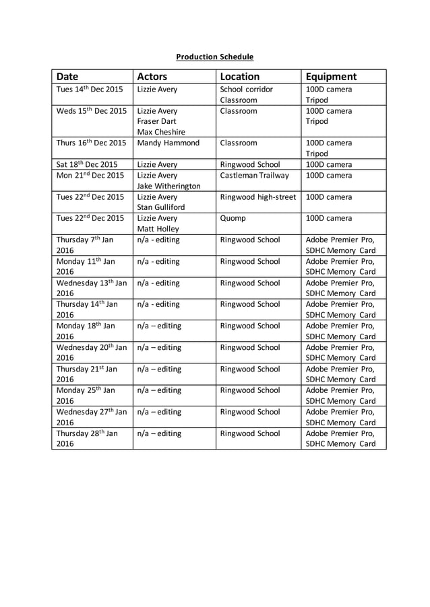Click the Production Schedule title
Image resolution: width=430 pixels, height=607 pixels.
(x=214, y=57)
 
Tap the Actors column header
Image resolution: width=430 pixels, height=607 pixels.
(x=152, y=77)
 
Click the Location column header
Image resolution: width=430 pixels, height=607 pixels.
(x=240, y=77)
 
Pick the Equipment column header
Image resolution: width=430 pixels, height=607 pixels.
(x=331, y=77)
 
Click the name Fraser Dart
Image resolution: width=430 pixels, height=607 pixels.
(x=156, y=121)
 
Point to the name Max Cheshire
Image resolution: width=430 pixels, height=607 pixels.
(x=160, y=132)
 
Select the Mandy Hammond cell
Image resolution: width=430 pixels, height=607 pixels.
(x=168, y=143)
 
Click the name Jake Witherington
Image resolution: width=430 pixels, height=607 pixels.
(x=168, y=186)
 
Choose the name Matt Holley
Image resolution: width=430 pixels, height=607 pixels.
(x=158, y=229)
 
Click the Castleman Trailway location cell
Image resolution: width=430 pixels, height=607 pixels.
(x=254, y=175)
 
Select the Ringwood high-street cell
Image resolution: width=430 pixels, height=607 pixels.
(x=257, y=197)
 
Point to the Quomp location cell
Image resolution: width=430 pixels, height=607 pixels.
(x=233, y=218)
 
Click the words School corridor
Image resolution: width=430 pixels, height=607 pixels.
(x=246, y=89)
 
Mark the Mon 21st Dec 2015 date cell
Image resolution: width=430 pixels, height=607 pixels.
(x=90, y=175)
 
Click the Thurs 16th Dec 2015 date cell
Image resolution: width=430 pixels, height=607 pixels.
(x=91, y=143)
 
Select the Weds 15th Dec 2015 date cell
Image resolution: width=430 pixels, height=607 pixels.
(x=91, y=110)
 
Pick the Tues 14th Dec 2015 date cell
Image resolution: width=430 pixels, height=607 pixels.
(x=89, y=89)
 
